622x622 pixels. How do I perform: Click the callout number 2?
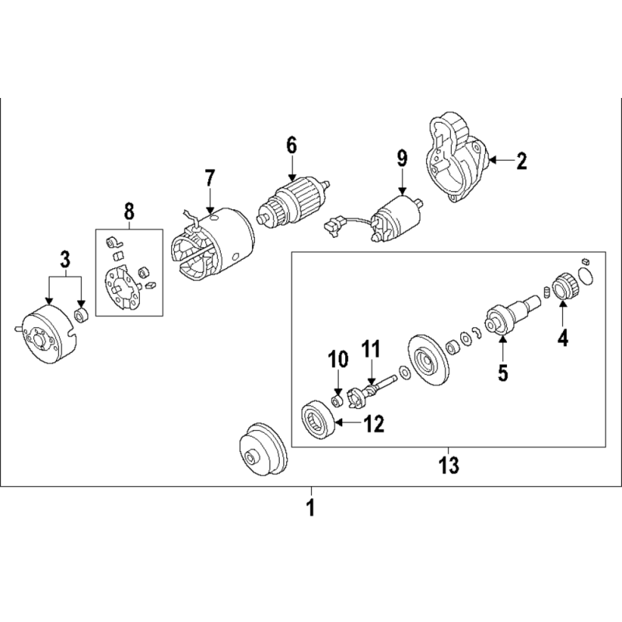pos(521,161)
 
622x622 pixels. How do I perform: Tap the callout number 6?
pos(292,145)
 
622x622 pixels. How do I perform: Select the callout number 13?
pos(449,465)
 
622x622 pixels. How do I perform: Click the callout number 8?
pos(129,211)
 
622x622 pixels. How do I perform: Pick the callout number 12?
pos(375,424)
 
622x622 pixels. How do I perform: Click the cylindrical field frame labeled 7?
pos(213,245)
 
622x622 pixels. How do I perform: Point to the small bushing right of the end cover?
pos(82,316)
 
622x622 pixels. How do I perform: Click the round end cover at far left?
pos(45,334)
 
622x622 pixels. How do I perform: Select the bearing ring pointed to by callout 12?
pos(319,421)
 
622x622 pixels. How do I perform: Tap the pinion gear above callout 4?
pos(563,286)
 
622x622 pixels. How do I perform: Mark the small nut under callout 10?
pos(337,401)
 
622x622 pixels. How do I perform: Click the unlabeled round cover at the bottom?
pos(264,449)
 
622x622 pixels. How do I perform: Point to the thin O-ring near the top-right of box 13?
pos(586,275)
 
